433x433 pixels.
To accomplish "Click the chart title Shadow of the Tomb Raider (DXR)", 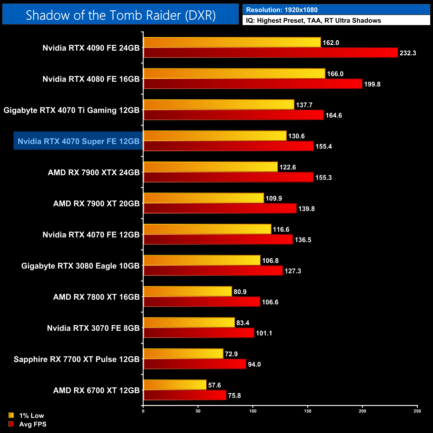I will tap(121, 15).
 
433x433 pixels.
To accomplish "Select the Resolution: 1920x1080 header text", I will tap(281, 10).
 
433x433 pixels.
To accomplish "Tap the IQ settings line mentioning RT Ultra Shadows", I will tap(313, 21).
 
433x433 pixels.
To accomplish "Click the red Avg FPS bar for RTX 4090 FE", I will tap(270, 53).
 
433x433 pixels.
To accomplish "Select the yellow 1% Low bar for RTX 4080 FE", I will tap(234, 74).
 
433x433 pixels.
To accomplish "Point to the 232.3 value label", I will tap(408, 53).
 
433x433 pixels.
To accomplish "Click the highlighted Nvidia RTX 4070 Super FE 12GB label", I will tap(78, 141).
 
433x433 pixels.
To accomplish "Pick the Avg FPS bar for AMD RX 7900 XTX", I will tap(228, 178).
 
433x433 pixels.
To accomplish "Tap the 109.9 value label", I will tap(273, 199).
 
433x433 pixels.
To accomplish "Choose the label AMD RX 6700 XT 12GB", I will tap(96, 390).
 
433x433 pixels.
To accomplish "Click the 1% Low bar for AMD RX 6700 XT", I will tap(175, 385).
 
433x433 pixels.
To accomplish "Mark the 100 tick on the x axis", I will tap(253, 411).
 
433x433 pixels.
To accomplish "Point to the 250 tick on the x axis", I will tap(417, 411).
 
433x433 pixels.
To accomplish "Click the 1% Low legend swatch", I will tap(11, 415).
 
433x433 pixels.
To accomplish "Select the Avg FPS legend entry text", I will tap(33, 424).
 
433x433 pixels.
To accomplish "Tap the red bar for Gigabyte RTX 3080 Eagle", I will tap(213, 271).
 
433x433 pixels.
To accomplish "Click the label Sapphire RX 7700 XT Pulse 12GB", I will tap(76, 359).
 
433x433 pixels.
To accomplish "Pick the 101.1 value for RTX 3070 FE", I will tap(264, 333).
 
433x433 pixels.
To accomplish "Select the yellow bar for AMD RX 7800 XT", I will tap(188, 291).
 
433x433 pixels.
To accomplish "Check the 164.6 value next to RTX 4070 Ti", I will tap(334, 116).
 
